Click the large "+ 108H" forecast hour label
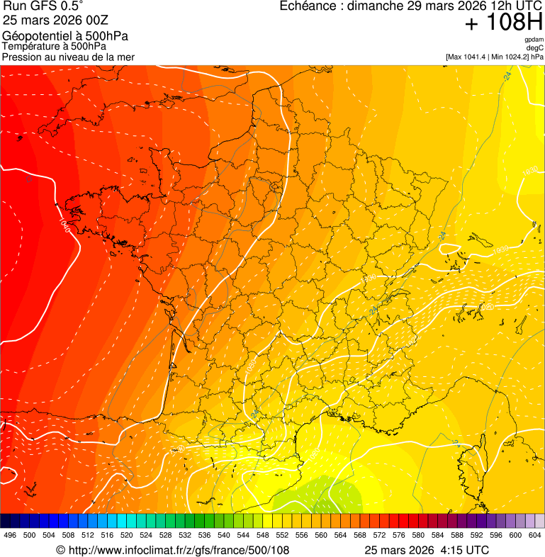point(504,23)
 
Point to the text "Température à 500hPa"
point(54,46)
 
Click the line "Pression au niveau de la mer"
point(68,57)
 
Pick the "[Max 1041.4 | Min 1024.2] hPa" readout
point(494,57)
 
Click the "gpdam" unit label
point(534,40)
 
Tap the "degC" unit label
point(534,48)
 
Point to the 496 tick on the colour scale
point(10,535)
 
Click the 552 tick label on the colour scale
point(282,535)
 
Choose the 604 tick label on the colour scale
point(534,535)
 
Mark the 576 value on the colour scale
point(398,535)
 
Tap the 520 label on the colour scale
point(127,535)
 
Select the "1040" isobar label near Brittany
point(64,225)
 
